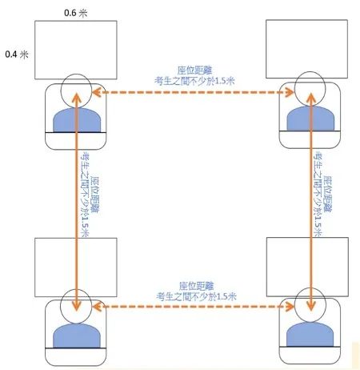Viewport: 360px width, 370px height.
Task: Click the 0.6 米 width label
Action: click(76, 13)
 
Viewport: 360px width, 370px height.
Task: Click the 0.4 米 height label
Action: click(17, 54)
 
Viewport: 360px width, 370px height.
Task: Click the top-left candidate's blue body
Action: click(77, 120)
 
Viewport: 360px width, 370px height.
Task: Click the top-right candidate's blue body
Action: click(310, 118)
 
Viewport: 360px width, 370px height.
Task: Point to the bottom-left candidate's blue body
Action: click(77, 336)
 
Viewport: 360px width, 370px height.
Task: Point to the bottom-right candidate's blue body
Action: click(310, 334)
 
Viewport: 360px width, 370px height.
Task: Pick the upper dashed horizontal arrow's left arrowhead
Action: click(97, 92)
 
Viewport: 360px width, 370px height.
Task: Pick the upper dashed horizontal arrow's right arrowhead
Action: click(289, 92)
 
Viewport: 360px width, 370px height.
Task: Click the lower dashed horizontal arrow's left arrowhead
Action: click(97, 307)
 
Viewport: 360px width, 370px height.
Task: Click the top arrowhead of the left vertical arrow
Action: click(77, 97)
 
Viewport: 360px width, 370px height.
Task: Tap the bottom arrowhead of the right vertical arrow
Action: click(311, 306)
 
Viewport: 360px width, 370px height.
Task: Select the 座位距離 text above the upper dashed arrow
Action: click(194, 70)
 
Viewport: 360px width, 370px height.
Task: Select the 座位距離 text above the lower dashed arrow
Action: click(196, 286)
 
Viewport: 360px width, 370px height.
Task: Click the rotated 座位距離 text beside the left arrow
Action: click(94, 195)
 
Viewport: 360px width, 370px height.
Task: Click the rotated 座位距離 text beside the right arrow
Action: click(327, 194)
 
